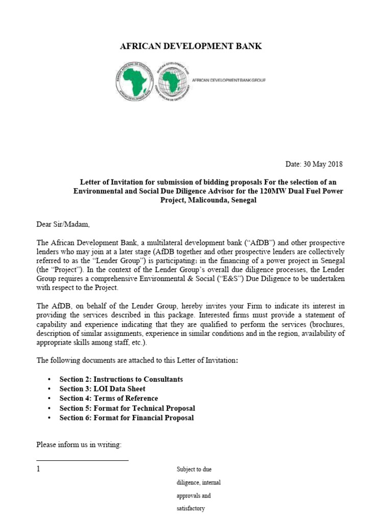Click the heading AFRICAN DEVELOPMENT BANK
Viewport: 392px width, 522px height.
click(190, 46)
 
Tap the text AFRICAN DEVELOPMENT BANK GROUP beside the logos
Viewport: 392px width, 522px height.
click(229, 80)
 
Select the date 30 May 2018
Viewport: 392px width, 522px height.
click(322, 164)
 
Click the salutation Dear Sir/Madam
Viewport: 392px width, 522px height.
click(66, 224)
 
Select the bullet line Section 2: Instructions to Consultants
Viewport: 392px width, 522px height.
click(121, 379)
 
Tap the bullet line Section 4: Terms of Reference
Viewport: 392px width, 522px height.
click(108, 399)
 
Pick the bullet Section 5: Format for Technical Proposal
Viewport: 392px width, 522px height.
click(127, 408)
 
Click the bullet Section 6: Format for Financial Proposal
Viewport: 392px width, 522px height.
click(126, 418)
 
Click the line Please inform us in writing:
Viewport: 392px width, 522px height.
click(79, 445)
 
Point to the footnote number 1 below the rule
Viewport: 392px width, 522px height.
click(38, 469)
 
